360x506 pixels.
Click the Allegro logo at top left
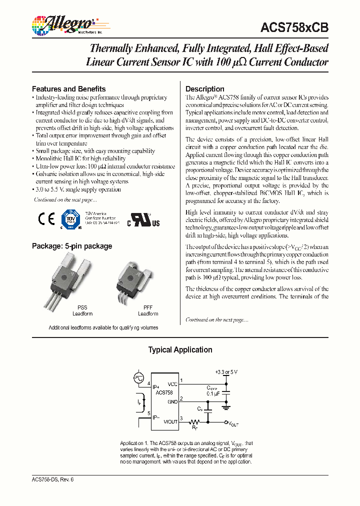(x=63, y=24)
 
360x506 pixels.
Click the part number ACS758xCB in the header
(x=294, y=28)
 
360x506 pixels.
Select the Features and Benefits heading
(x=68, y=88)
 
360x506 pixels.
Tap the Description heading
(x=204, y=89)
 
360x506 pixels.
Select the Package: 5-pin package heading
(x=71, y=246)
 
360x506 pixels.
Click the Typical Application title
(x=180, y=350)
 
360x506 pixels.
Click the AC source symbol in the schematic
(x=138, y=379)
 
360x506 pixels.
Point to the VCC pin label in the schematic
(x=172, y=384)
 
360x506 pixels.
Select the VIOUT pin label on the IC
(x=170, y=421)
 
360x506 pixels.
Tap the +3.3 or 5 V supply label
(x=226, y=372)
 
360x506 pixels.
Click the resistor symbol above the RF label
(x=194, y=421)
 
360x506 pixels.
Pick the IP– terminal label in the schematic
(x=157, y=417)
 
